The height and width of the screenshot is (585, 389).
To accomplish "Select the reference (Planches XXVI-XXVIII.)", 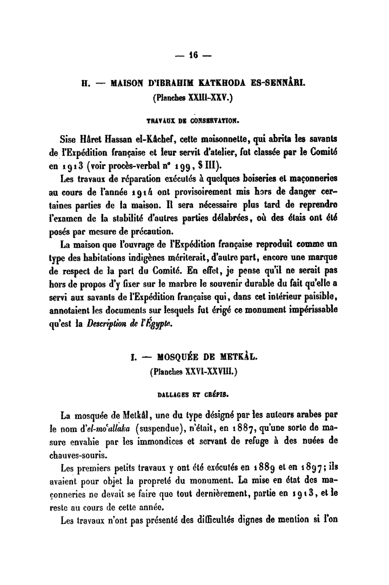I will tap(194, 372).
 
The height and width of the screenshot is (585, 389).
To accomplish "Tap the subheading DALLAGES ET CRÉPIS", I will tap(194, 390).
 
